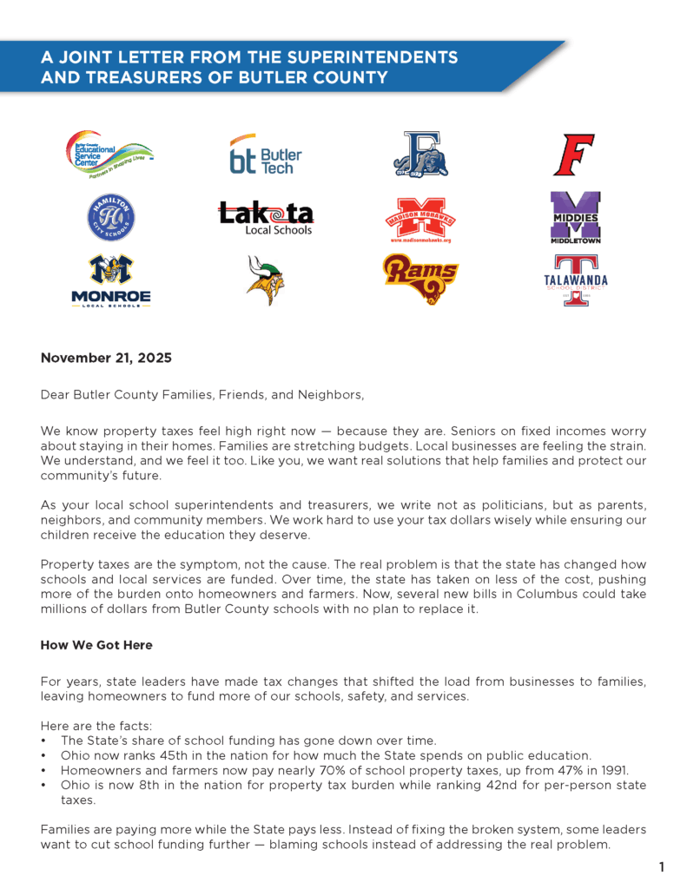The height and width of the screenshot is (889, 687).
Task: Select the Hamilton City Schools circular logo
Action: point(111,217)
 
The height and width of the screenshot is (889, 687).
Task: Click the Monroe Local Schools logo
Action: point(111,280)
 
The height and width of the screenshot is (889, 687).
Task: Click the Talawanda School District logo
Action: point(575,280)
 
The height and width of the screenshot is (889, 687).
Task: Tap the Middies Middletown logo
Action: point(575,217)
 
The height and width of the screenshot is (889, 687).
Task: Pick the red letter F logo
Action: point(573,155)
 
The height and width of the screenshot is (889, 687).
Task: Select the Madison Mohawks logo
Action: point(420,219)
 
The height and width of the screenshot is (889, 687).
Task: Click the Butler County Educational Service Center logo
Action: point(109,155)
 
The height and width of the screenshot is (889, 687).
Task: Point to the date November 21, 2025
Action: point(106,358)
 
